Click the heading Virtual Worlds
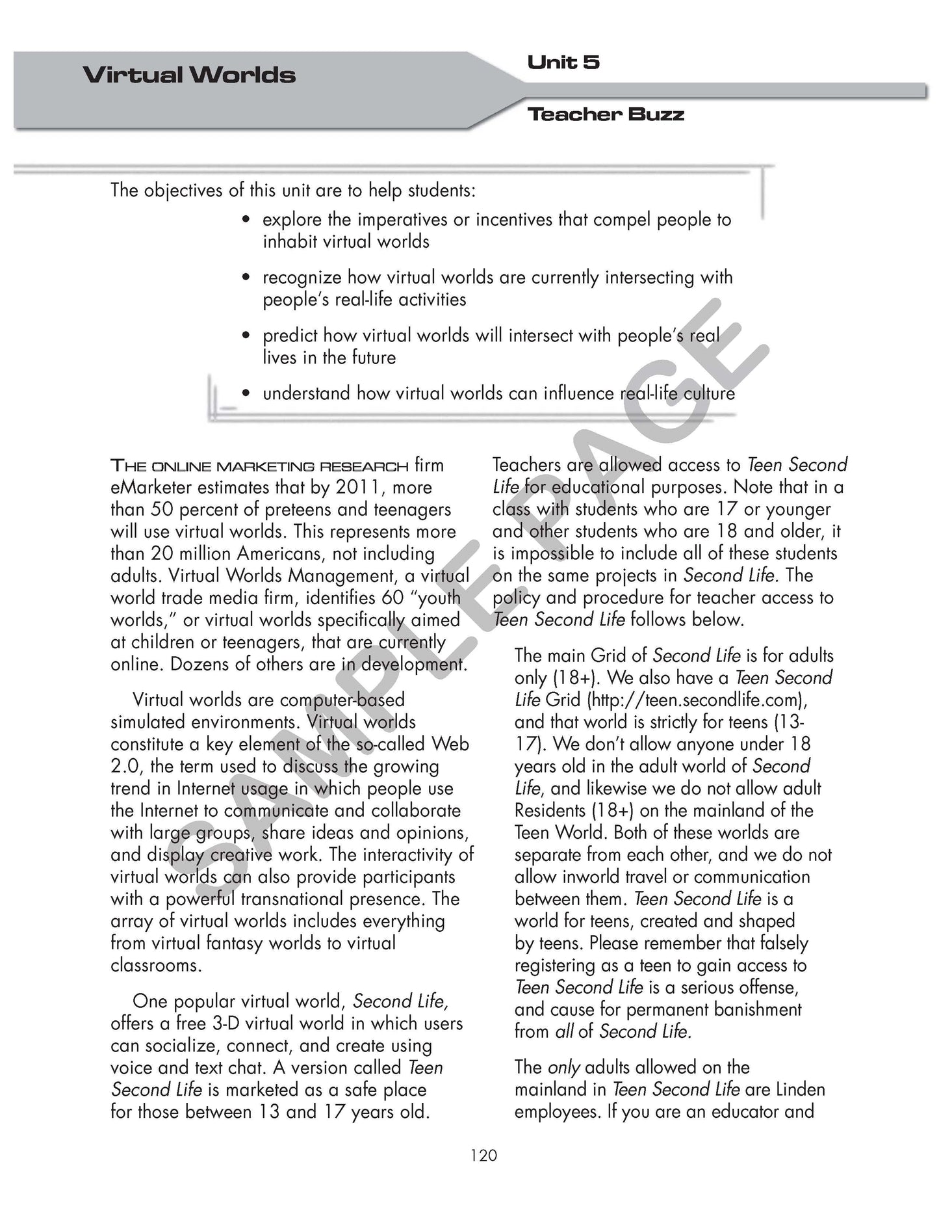tap(189, 75)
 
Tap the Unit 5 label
tap(563, 62)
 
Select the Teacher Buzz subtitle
tap(606, 114)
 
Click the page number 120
tap(483, 1155)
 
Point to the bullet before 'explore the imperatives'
tap(245, 220)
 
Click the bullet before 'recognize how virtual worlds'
tap(245, 278)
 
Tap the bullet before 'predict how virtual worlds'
tap(245, 336)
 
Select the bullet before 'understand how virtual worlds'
tap(245, 394)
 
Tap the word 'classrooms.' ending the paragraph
tap(156, 966)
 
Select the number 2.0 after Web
tap(125, 767)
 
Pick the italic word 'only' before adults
tap(563, 1068)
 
